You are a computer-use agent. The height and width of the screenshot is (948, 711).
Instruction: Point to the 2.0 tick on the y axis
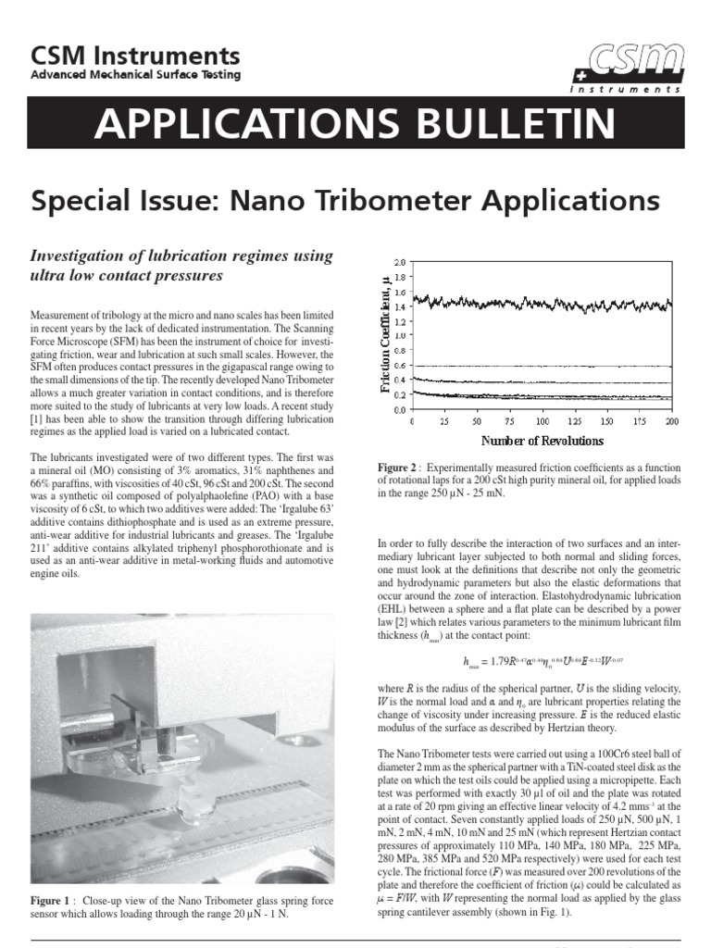[400, 263]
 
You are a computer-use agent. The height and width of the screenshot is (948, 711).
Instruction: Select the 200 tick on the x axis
[672, 420]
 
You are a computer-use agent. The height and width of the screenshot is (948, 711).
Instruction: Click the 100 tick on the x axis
[542, 420]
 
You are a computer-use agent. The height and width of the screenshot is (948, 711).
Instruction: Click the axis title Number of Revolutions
[542, 440]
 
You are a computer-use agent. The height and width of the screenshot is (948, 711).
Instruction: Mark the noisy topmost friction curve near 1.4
[542, 303]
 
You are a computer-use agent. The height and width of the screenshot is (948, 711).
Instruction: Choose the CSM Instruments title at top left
[135, 56]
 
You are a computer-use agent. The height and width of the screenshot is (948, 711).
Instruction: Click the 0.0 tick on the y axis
[400, 408]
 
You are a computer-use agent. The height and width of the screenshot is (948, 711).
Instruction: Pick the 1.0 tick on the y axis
[400, 336]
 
